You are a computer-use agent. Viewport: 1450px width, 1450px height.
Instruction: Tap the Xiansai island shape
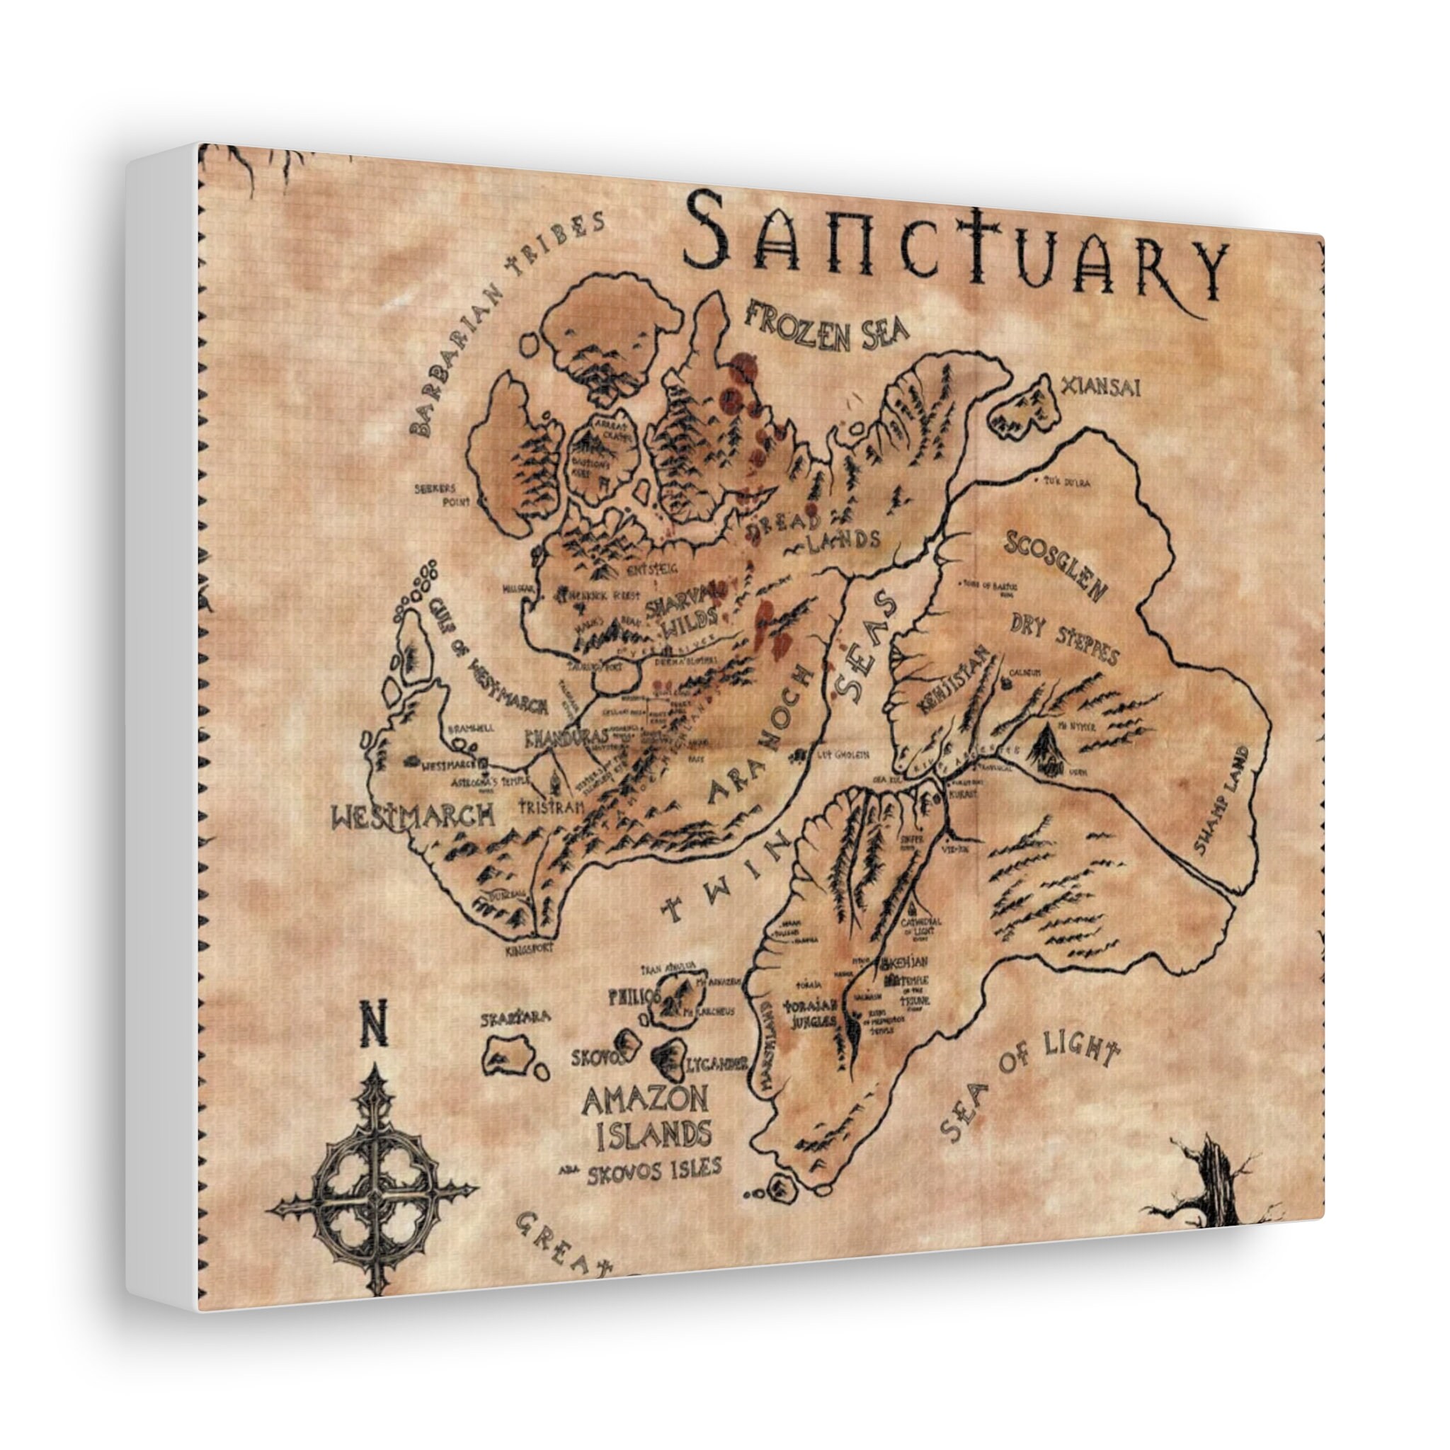(x=1024, y=410)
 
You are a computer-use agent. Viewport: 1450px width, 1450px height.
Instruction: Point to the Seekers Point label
(x=441, y=495)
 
